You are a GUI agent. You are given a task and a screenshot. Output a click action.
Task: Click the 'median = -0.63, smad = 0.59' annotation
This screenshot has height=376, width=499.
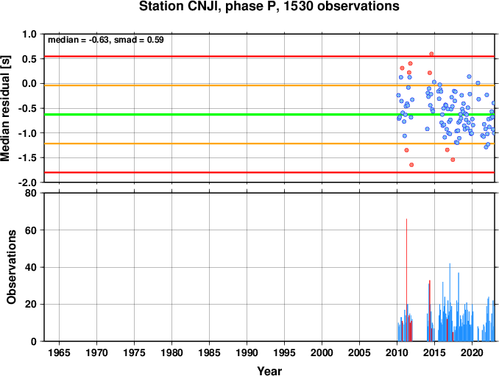(x=106, y=40)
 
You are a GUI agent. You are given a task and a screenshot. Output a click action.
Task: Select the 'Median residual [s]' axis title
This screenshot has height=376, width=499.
(x=5, y=108)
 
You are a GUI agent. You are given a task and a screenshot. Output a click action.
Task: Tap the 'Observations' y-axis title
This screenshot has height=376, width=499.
(x=12, y=267)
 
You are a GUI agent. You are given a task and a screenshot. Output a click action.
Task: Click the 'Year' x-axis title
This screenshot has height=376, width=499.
(x=269, y=371)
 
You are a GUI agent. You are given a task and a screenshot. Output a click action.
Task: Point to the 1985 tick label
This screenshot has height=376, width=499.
(x=209, y=352)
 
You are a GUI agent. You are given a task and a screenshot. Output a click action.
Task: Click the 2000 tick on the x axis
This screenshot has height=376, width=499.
(x=322, y=352)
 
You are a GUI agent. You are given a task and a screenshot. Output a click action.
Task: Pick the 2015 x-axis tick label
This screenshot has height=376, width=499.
(x=434, y=352)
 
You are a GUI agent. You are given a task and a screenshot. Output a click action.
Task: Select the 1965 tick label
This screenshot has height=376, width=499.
(x=59, y=352)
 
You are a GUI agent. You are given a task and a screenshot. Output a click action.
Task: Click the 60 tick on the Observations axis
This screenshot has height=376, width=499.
(x=31, y=230)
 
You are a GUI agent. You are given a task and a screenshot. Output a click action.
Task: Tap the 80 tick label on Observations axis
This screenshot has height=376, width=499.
(x=31, y=193)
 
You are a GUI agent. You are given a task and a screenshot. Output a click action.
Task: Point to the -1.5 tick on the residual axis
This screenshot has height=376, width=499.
(x=27, y=157)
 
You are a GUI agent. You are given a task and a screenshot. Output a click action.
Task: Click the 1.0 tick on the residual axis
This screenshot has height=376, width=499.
(x=29, y=34)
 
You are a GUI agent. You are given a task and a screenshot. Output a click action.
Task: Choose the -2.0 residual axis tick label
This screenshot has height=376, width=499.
(x=27, y=182)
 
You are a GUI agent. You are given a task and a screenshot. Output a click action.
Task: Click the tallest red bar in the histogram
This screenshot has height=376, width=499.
(x=406, y=280)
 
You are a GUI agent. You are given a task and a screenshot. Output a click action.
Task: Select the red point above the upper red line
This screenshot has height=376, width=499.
(x=431, y=54)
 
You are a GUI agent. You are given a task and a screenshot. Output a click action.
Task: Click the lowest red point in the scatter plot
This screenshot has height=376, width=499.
(x=411, y=165)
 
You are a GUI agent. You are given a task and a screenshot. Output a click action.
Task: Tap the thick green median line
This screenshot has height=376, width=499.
(x=269, y=115)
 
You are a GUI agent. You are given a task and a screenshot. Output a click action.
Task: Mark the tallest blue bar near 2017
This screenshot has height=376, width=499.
(x=450, y=302)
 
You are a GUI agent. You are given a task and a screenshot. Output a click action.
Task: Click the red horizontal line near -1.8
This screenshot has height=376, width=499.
(x=269, y=172)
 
